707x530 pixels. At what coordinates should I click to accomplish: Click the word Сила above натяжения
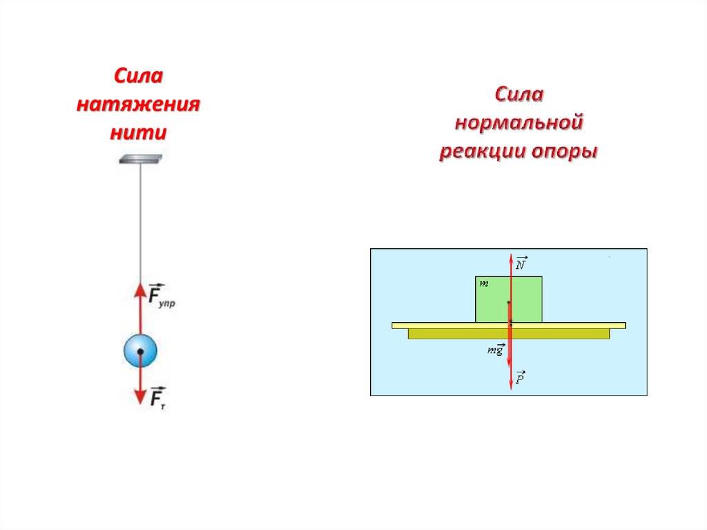138,77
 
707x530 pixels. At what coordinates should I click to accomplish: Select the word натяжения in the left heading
138,105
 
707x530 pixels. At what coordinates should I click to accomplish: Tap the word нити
138,132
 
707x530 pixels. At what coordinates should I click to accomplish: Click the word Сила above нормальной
519,95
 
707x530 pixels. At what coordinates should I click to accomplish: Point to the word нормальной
519,123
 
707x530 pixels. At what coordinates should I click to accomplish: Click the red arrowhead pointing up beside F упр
140,290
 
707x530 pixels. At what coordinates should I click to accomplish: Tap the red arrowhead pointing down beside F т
140,396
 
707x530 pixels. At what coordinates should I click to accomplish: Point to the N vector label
521,263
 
